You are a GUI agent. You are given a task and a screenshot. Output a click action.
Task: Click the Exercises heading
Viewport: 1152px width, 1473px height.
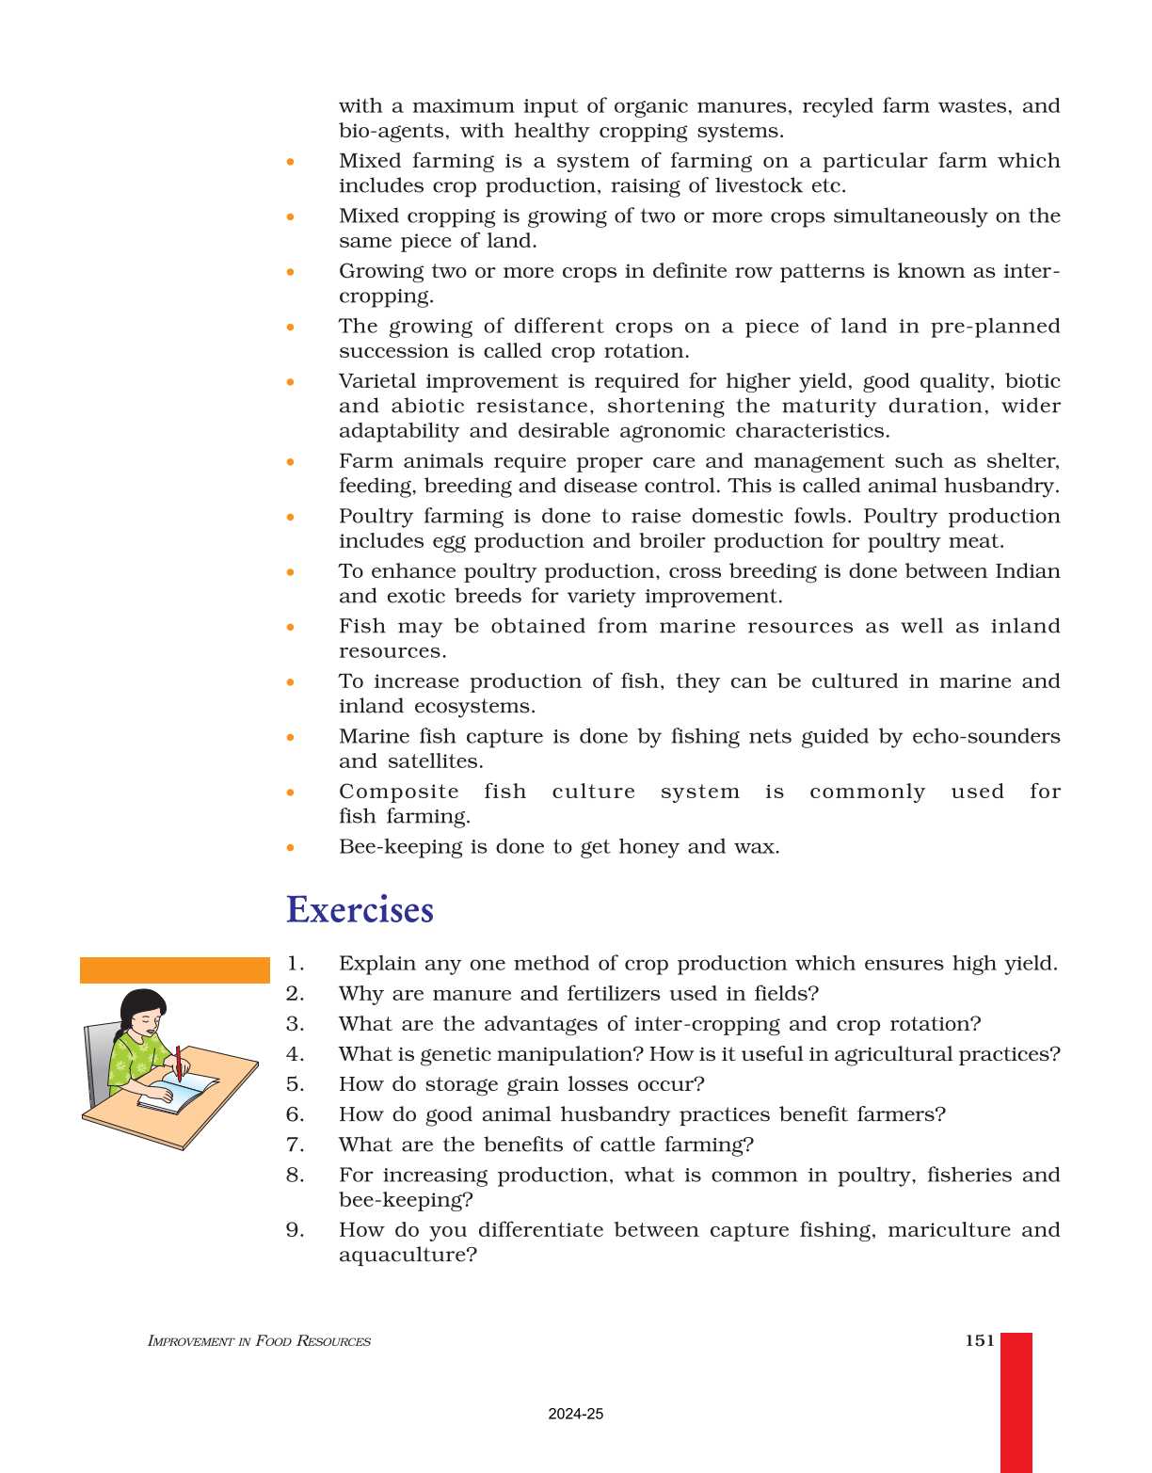(360, 910)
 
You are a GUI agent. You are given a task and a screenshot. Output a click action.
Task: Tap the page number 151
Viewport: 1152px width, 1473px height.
(979, 1340)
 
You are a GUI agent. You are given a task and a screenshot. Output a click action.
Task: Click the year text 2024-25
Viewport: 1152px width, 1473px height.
(575, 1414)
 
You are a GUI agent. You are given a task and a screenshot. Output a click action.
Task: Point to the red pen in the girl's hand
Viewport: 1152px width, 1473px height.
(178, 1064)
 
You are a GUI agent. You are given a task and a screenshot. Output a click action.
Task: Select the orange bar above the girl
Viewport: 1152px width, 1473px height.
(174, 969)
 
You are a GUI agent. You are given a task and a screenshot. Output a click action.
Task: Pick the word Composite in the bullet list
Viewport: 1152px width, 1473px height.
(399, 792)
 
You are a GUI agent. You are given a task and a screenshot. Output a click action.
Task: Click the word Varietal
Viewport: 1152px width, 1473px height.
(377, 381)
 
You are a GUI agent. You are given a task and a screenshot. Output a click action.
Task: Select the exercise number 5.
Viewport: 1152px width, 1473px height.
(295, 1084)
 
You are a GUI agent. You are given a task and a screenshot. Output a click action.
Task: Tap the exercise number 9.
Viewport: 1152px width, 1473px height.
(295, 1230)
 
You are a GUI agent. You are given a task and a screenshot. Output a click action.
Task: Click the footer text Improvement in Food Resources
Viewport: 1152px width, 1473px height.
(259, 1341)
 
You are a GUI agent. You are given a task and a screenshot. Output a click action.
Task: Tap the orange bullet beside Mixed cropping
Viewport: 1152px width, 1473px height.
(291, 216)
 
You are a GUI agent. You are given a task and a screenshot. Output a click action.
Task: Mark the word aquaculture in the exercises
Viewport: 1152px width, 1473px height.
(408, 1256)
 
